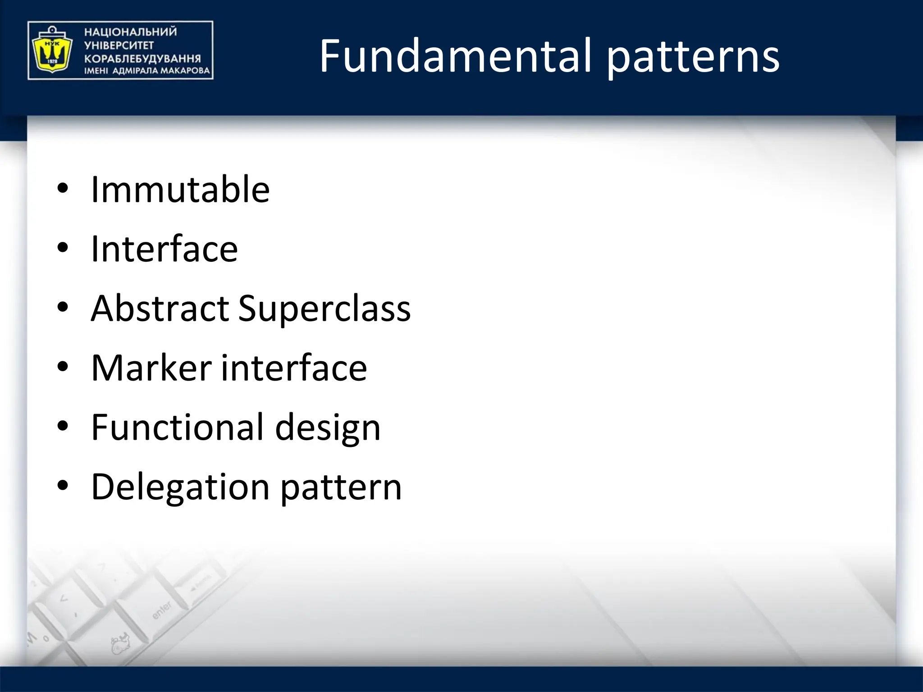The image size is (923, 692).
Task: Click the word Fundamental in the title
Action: click(455, 56)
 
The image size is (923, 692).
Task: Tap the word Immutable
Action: click(180, 189)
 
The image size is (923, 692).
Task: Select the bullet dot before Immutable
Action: click(63, 188)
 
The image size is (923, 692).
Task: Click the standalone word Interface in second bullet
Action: click(164, 249)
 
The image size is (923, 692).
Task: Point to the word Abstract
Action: click(160, 309)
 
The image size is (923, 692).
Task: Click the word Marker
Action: click(151, 368)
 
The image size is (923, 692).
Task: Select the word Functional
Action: click(177, 428)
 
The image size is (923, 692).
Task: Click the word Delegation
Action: click(180, 487)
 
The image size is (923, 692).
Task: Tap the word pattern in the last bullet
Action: click(341, 488)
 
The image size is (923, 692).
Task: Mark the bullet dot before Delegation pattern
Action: click(63, 486)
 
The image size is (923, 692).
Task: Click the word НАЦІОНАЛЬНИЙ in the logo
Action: click(131, 32)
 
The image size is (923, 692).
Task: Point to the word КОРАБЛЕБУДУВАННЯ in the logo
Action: click(142, 59)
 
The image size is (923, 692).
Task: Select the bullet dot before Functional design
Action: click(63, 426)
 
